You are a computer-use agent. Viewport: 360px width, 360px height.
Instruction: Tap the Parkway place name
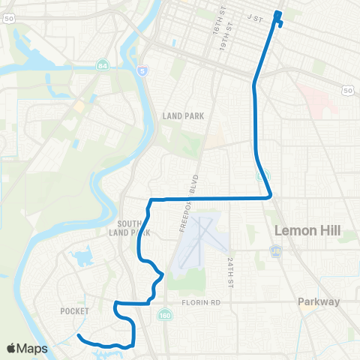coord(319,302)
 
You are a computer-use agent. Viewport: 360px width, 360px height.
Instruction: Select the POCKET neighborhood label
coord(76,310)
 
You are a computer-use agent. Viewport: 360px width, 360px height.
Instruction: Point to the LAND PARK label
coord(183,115)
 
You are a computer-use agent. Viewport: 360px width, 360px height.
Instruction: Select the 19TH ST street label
coord(223,34)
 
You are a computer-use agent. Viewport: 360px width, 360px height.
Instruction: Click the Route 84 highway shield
coord(103,67)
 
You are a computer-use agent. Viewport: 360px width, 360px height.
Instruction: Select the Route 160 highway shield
coord(164,316)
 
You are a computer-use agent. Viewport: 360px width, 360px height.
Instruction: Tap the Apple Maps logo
coord(27,348)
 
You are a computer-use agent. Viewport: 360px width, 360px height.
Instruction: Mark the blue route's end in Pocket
coord(78,335)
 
